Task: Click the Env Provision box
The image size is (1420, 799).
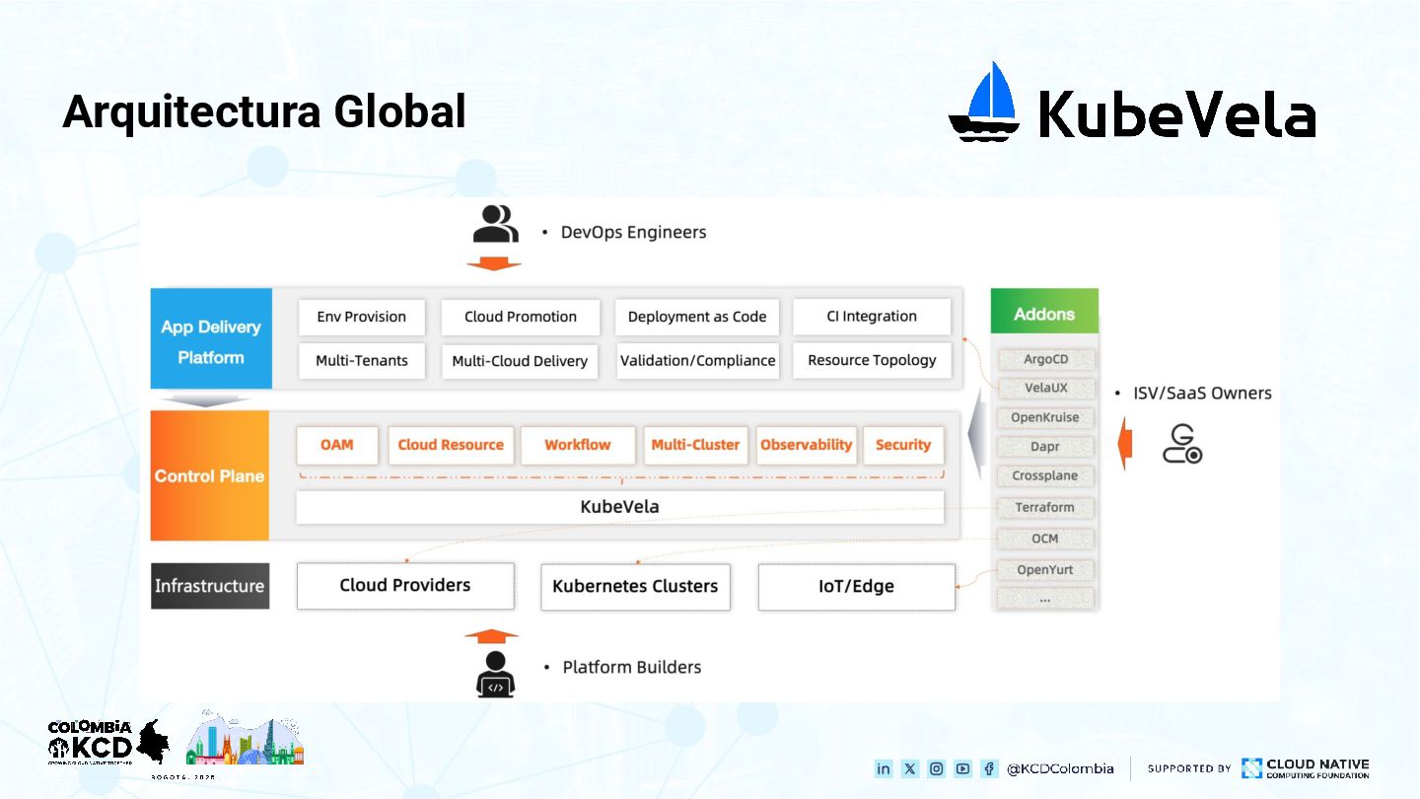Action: (361, 317)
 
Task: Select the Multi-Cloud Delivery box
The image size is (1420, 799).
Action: (520, 361)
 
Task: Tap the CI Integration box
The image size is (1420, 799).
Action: (872, 317)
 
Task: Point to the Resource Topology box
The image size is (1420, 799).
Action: (872, 360)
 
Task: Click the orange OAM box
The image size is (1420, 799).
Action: (336, 445)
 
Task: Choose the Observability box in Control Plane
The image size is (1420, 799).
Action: (806, 445)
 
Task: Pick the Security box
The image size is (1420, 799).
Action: (902, 445)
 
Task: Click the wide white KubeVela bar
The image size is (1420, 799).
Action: (619, 507)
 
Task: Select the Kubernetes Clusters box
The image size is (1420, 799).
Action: (635, 586)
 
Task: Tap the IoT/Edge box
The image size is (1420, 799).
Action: (856, 586)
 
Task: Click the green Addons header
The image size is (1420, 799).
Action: (1044, 314)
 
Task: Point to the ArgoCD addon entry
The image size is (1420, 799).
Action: (1045, 359)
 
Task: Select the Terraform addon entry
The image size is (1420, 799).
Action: (1044, 507)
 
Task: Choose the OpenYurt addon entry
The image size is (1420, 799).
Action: (1044, 569)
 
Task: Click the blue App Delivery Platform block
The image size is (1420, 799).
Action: (211, 340)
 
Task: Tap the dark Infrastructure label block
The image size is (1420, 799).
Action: (210, 586)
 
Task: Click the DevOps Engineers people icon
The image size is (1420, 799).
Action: (495, 224)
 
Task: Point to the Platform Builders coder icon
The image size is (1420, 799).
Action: (495, 674)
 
